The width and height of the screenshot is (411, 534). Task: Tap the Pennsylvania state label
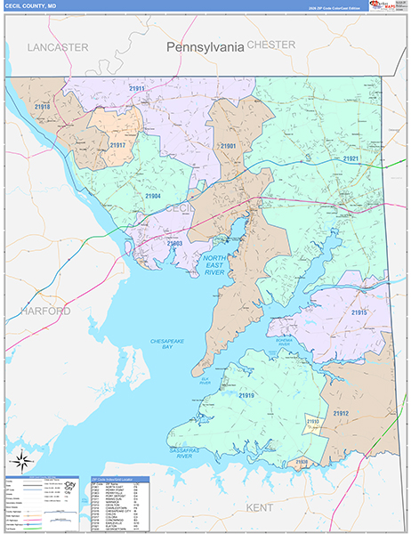pos(205,47)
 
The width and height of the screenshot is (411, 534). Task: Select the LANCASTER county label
pos(57,46)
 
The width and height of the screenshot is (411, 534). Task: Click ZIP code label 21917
pos(118,144)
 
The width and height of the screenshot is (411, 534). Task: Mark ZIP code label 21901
pos(228,145)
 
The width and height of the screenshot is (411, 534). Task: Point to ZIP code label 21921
pos(351,158)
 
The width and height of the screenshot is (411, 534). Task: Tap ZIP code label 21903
pos(174,242)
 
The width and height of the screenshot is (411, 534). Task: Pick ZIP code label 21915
pos(358,312)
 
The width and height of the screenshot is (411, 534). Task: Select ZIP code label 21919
pos(246,395)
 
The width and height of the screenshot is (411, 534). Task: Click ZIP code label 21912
pos(341,413)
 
